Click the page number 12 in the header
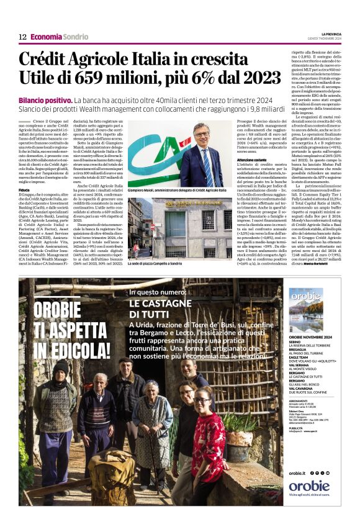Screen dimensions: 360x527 (x=22, y=37)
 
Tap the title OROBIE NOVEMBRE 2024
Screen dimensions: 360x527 (x=309, y=338)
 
